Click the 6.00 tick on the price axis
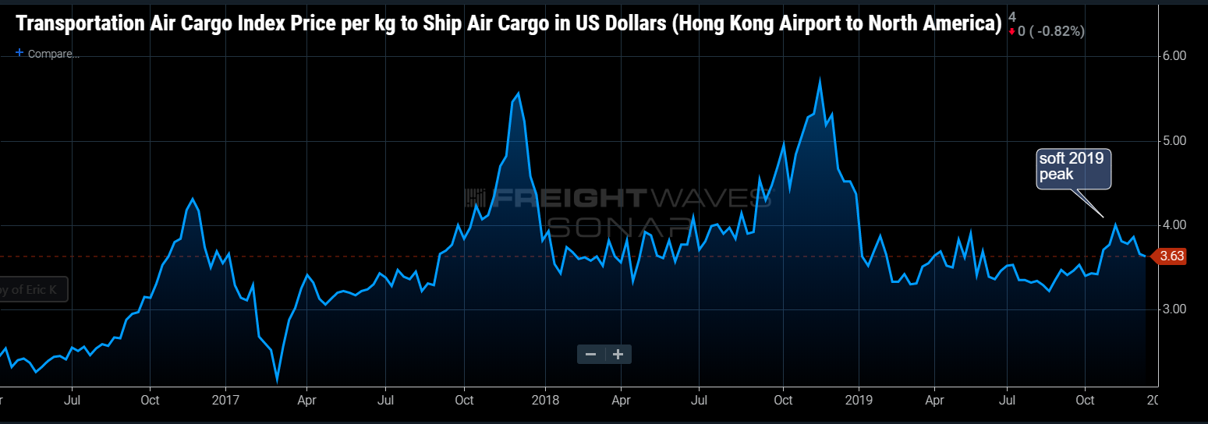pos(1174,56)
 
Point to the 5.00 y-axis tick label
pos(1174,141)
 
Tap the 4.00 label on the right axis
pos(1174,225)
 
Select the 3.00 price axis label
pos(1174,309)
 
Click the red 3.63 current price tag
pos(1171,256)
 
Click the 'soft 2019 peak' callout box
pos(1073,167)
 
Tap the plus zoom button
pos(618,355)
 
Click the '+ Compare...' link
pos(48,54)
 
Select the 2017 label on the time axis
pos(225,400)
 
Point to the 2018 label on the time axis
pos(544,400)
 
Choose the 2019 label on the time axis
pos(859,400)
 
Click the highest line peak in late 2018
pos(820,79)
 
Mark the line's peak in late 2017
pos(519,93)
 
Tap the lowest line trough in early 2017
pos(277,381)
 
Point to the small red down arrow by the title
pos(1011,31)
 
